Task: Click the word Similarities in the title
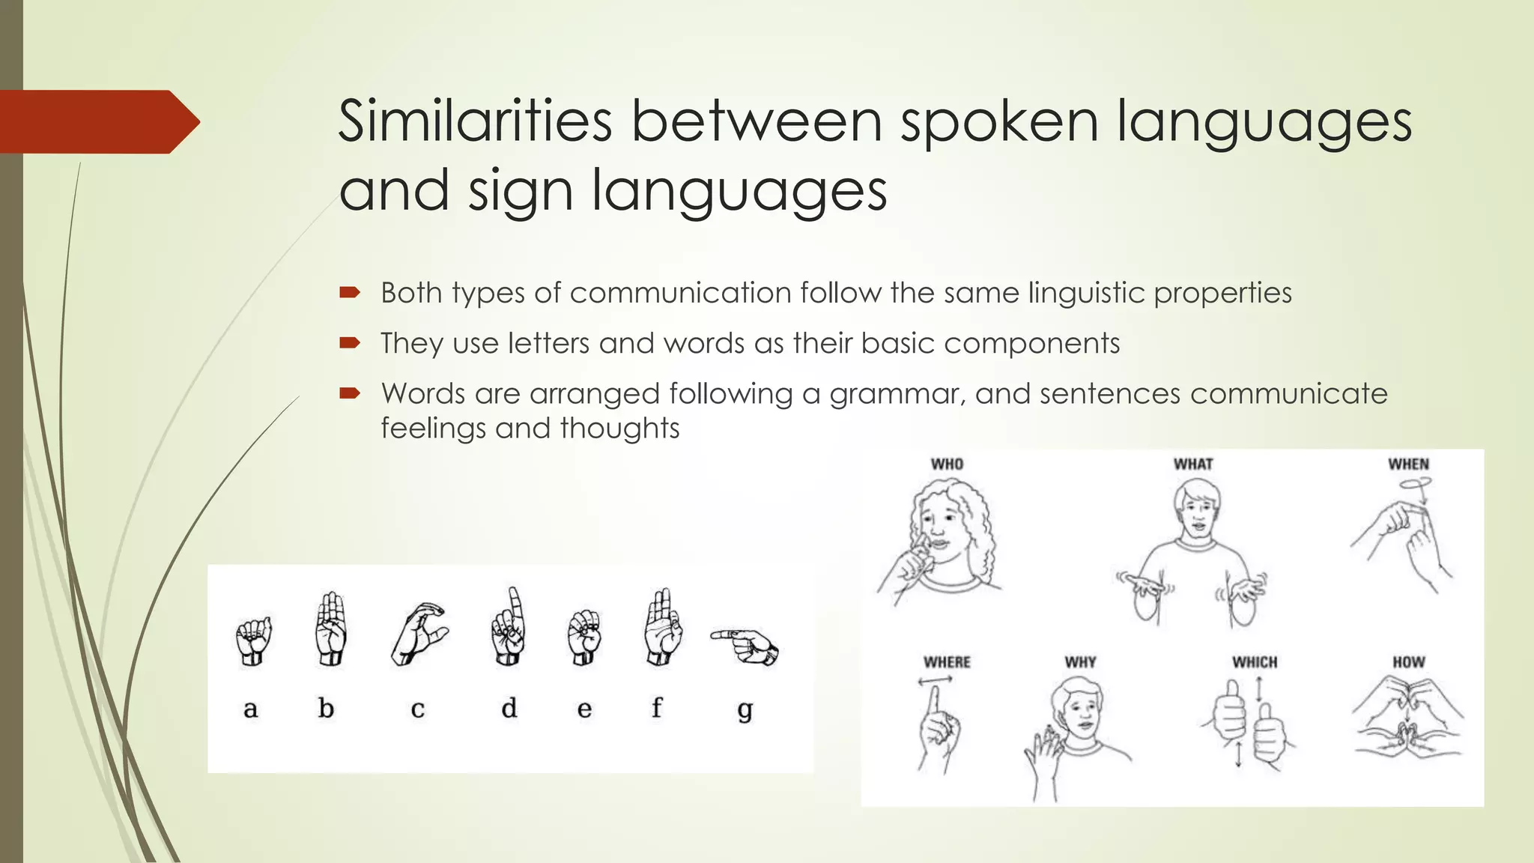point(475,121)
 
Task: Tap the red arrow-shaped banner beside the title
point(97,122)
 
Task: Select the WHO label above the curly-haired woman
point(947,464)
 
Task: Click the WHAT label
point(1193,464)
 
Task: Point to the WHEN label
point(1408,464)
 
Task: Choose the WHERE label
point(947,662)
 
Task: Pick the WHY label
point(1080,662)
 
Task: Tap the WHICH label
point(1255,662)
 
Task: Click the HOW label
point(1408,662)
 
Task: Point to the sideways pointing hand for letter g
point(746,646)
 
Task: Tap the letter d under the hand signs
point(509,708)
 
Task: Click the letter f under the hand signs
point(656,706)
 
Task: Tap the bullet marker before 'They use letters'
point(350,343)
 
